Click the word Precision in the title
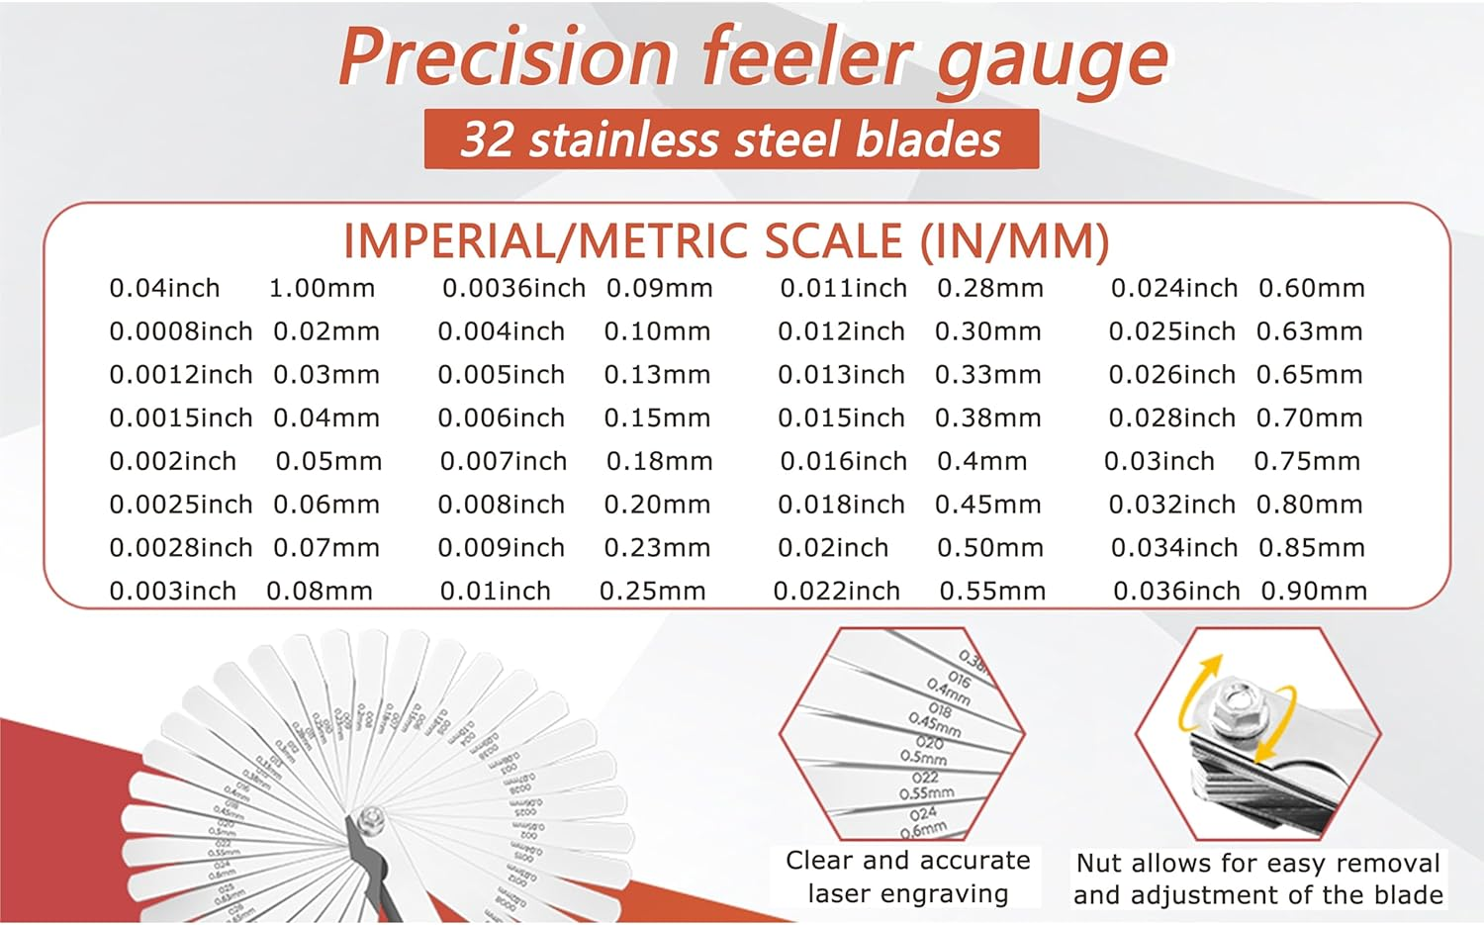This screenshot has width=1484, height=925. pyautogui.click(x=505, y=57)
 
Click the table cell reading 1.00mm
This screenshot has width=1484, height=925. pyautogui.click(x=322, y=289)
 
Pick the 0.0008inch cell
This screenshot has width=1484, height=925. pyautogui.click(x=181, y=332)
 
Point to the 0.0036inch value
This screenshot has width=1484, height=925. pyautogui.click(x=513, y=289)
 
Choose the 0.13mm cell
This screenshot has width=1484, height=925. pyautogui.click(x=657, y=376)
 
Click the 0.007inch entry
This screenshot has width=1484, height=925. pyautogui.click(x=503, y=462)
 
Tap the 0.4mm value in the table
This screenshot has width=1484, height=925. pyautogui.click(x=981, y=462)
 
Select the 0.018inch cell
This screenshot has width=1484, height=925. pyautogui.click(x=841, y=506)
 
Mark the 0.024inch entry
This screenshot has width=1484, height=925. pyautogui.click(x=1173, y=289)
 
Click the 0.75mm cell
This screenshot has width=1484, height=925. pyautogui.click(x=1307, y=462)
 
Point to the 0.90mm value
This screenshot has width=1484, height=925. pyautogui.click(x=1314, y=592)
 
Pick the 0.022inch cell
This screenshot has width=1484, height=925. pyautogui.click(x=836, y=592)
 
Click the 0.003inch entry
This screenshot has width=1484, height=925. pyautogui.click(x=172, y=592)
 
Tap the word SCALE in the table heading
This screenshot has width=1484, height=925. pyautogui.click(x=834, y=242)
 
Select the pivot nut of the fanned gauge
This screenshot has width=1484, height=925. pyautogui.click(x=372, y=818)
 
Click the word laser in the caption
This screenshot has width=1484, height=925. pyautogui.click(x=845, y=894)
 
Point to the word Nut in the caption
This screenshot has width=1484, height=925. pyautogui.click(x=1097, y=864)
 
